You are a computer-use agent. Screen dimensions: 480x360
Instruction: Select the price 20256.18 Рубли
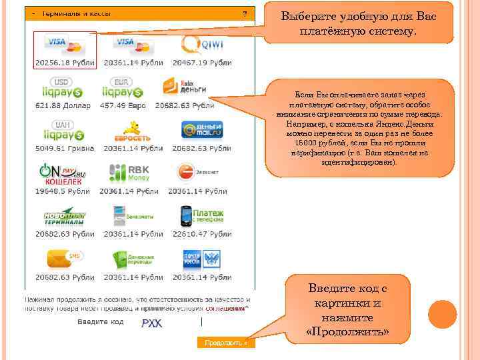(x=65, y=63)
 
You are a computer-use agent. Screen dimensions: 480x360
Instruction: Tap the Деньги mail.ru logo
(x=201, y=129)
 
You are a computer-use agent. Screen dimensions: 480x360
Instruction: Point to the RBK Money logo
(x=129, y=173)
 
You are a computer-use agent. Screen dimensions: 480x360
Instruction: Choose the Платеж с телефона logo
(x=201, y=215)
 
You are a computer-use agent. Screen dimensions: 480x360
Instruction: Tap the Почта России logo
(x=201, y=258)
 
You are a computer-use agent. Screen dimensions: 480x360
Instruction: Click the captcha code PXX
(x=151, y=323)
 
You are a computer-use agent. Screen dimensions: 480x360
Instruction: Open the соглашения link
(x=225, y=309)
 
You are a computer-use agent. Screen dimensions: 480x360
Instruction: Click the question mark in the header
(x=245, y=13)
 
